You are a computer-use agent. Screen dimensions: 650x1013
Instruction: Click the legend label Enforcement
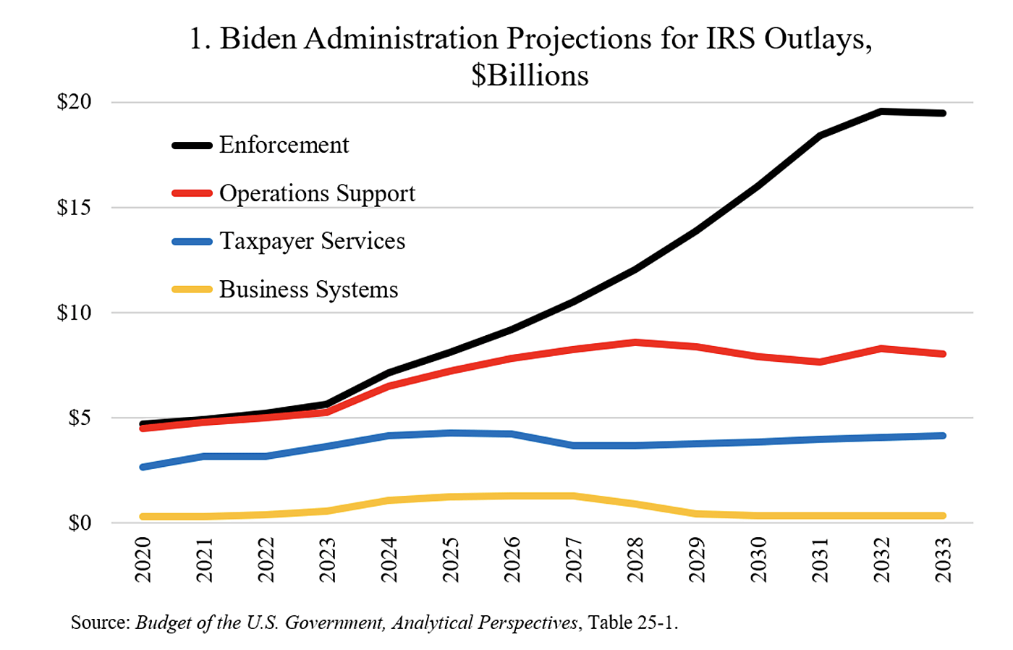(284, 145)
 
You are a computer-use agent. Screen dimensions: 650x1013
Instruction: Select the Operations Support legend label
(317, 193)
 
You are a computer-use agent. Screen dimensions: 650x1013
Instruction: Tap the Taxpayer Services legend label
(312, 241)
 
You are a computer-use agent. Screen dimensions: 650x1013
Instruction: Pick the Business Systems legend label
(308, 290)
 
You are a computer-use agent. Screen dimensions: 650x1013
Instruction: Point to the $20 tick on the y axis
(75, 102)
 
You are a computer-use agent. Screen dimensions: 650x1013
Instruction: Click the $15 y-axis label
(75, 208)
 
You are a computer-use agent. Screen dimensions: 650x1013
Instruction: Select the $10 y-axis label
(75, 313)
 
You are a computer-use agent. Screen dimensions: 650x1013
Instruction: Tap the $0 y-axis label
(80, 523)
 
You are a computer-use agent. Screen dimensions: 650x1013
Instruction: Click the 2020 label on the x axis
(143, 560)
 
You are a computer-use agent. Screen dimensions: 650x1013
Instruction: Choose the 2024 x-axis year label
(389, 560)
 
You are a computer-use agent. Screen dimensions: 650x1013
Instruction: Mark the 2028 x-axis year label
(635, 560)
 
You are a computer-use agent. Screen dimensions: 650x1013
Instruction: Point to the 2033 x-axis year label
(943, 560)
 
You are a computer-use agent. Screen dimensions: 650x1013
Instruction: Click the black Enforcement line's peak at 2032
(881, 111)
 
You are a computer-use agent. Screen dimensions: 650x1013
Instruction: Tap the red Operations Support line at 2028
(635, 342)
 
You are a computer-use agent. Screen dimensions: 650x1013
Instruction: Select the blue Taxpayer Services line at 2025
(450, 434)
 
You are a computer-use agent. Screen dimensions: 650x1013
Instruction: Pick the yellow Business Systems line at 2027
(573, 496)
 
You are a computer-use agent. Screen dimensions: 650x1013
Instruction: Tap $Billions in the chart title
(530, 75)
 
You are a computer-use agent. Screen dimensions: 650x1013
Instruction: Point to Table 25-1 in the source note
(632, 622)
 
